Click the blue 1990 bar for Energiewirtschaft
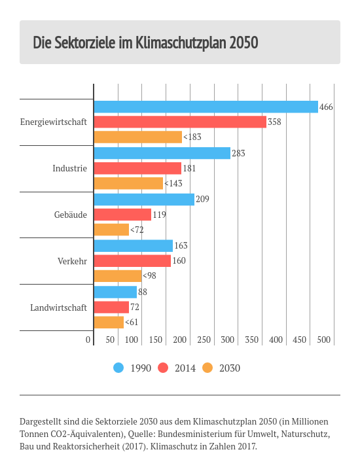tap(206, 107)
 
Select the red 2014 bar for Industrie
tap(137, 168)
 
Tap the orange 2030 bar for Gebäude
tap(111, 230)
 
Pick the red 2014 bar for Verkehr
tap(132, 261)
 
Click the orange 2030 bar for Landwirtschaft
tap(109, 322)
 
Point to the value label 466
tap(326, 107)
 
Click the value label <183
tap(192, 137)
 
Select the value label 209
tap(202, 199)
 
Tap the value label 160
tap(179, 260)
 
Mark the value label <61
tap(132, 322)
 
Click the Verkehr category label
tap(73, 261)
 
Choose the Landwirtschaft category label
tap(58, 307)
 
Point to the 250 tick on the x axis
tap(204, 340)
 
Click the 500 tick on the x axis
tap(323, 340)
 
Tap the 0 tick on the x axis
tap(88, 340)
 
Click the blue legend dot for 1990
tap(118, 368)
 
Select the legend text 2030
tap(230, 368)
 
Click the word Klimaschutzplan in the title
tap(181, 43)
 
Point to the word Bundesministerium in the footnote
tap(201, 434)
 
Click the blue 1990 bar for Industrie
tap(162, 153)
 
